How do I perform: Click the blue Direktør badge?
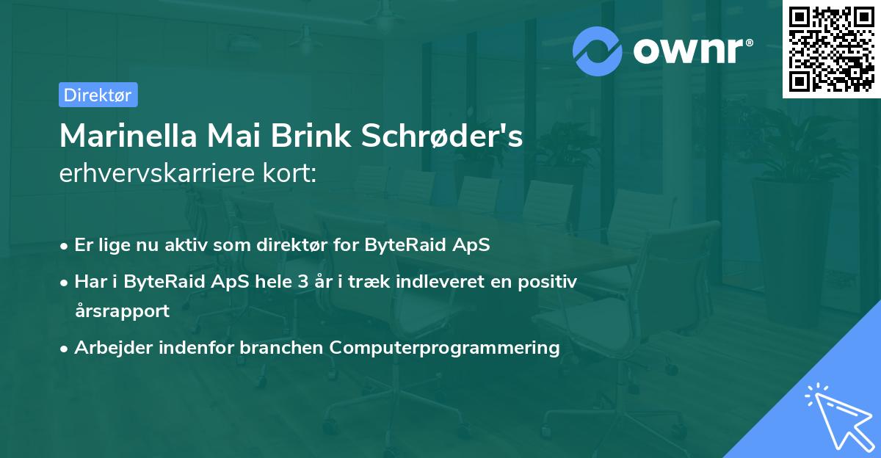point(98,95)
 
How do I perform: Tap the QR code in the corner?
point(832,48)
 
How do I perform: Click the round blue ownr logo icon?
point(598,51)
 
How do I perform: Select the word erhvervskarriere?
point(157,173)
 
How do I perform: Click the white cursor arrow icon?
point(838,415)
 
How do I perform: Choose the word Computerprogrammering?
point(445,347)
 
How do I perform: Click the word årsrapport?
point(122,310)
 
